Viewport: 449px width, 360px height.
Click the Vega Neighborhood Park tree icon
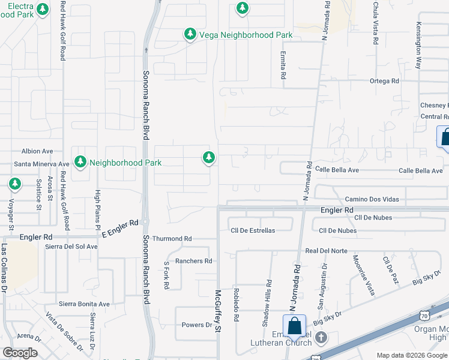click(x=190, y=34)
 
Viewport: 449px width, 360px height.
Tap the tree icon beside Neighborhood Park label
click(x=80, y=162)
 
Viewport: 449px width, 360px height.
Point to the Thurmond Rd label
click(x=171, y=239)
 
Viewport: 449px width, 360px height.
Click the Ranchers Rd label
click(x=193, y=261)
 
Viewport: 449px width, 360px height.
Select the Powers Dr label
click(x=197, y=325)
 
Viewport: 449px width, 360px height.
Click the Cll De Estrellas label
click(x=253, y=230)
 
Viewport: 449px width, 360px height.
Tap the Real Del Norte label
click(x=326, y=251)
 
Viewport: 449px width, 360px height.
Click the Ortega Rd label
click(x=384, y=81)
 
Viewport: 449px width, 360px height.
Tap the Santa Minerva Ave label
click(x=41, y=164)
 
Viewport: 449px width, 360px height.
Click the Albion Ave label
click(x=38, y=151)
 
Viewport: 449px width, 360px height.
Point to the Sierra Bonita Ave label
click(x=84, y=304)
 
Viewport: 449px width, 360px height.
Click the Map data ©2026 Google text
click(x=412, y=355)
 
